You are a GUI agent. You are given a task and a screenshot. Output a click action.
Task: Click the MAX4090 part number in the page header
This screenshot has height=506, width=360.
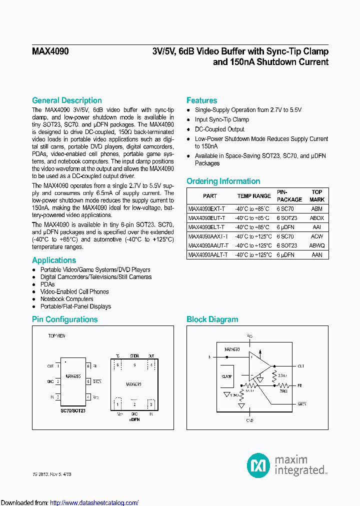[x=50, y=51]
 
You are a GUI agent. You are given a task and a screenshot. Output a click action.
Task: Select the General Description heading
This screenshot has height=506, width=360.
[x=66, y=100]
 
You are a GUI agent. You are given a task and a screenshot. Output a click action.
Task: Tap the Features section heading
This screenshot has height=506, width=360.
[x=201, y=100]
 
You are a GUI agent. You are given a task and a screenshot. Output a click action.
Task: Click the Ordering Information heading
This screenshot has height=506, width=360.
[x=223, y=181]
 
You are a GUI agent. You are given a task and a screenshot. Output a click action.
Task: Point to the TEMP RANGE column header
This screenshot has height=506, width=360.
[x=253, y=196]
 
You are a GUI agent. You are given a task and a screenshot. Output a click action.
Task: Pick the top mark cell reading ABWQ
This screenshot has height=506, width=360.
[x=316, y=245]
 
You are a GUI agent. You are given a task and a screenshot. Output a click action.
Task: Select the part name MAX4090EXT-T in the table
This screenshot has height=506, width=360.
[x=206, y=209]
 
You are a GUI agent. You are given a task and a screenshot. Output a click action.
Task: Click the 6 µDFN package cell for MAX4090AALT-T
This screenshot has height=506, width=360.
[x=285, y=254]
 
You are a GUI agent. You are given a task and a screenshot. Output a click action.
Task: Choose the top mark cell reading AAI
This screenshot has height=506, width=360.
[x=316, y=227]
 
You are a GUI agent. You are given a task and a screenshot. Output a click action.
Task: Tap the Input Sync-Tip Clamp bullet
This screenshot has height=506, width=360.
[x=221, y=119]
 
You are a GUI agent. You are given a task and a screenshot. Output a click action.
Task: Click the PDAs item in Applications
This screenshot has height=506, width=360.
[x=47, y=284]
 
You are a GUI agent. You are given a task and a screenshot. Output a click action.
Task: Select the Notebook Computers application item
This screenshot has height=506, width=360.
[x=66, y=299]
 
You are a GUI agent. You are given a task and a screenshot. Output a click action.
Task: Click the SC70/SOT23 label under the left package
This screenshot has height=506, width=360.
[x=73, y=410]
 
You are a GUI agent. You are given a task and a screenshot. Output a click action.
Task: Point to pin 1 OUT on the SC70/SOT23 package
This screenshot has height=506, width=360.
[x=54, y=366]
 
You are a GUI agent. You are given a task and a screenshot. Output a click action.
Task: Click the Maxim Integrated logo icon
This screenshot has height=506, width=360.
[x=258, y=465]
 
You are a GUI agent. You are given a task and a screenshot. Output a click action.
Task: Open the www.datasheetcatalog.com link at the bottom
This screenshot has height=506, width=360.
[x=94, y=502]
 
